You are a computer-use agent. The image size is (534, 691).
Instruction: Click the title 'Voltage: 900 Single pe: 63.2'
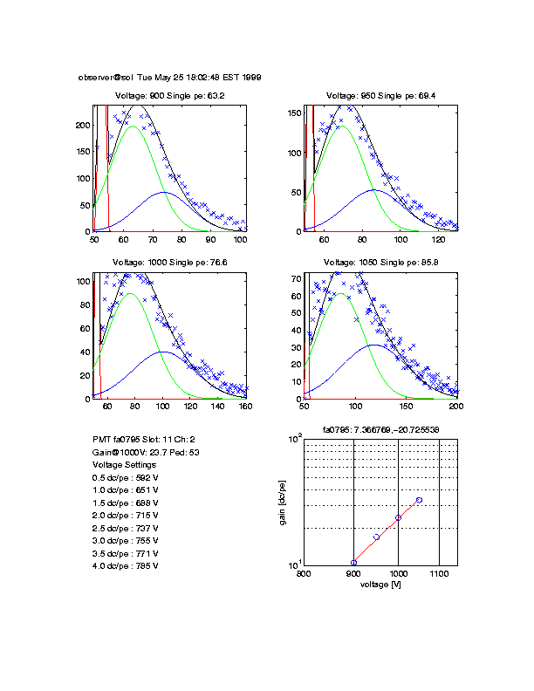pyautogui.click(x=170, y=95)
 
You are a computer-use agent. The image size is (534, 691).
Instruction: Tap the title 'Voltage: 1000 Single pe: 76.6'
pyautogui.click(x=170, y=263)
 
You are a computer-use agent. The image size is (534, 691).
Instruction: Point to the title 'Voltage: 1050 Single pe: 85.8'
pyautogui.click(x=380, y=263)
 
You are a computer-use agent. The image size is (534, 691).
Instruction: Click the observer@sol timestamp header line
pyautogui.click(x=169, y=77)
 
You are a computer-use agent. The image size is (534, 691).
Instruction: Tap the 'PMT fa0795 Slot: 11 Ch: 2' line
pyautogui.click(x=144, y=441)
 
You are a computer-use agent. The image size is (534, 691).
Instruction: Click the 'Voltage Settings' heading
pyautogui.click(x=124, y=465)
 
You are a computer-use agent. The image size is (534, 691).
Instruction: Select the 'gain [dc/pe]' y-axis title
pyautogui.click(x=284, y=502)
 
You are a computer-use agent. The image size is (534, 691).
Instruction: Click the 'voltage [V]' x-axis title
pyautogui.click(x=380, y=584)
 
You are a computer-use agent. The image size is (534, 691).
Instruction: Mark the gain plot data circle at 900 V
pyautogui.click(x=353, y=563)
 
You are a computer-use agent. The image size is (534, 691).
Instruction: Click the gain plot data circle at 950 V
pyautogui.click(x=376, y=537)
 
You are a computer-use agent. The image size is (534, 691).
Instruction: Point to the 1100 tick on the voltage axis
pyautogui.click(x=439, y=573)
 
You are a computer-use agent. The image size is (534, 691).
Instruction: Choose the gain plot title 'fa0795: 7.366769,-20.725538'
pyautogui.click(x=380, y=429)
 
